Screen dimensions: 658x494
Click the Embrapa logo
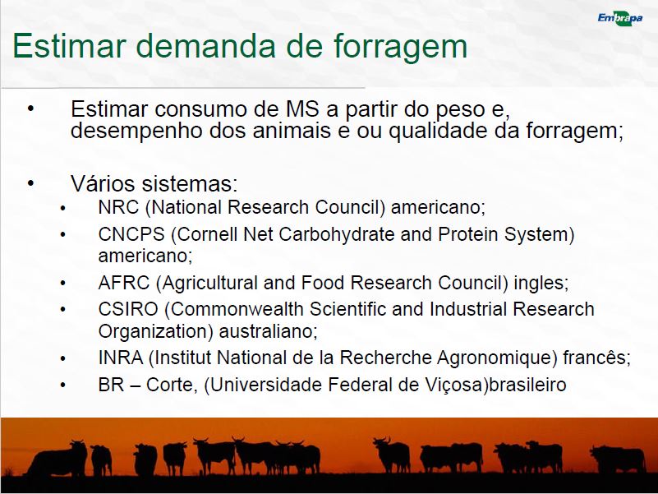click(x=620, y=18)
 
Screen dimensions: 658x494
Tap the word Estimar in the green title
click(x=69, y=45)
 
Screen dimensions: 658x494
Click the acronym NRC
click(x=118, y=207)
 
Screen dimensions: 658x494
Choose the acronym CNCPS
click(x=131, y=234)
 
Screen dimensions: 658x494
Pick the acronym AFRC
click(x=124, y=283)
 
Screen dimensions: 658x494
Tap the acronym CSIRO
click(x=128, y=309)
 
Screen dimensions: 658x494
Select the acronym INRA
click(x=121, y=358)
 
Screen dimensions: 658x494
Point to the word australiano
click(x=268, y=331)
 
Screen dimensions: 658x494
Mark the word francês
click(x=596, y=358)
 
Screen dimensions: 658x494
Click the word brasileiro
click(x=528, y=385)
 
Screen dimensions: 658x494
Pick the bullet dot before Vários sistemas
click(x=30, y=182)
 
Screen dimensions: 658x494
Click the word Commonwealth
click(x=237, y=309)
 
